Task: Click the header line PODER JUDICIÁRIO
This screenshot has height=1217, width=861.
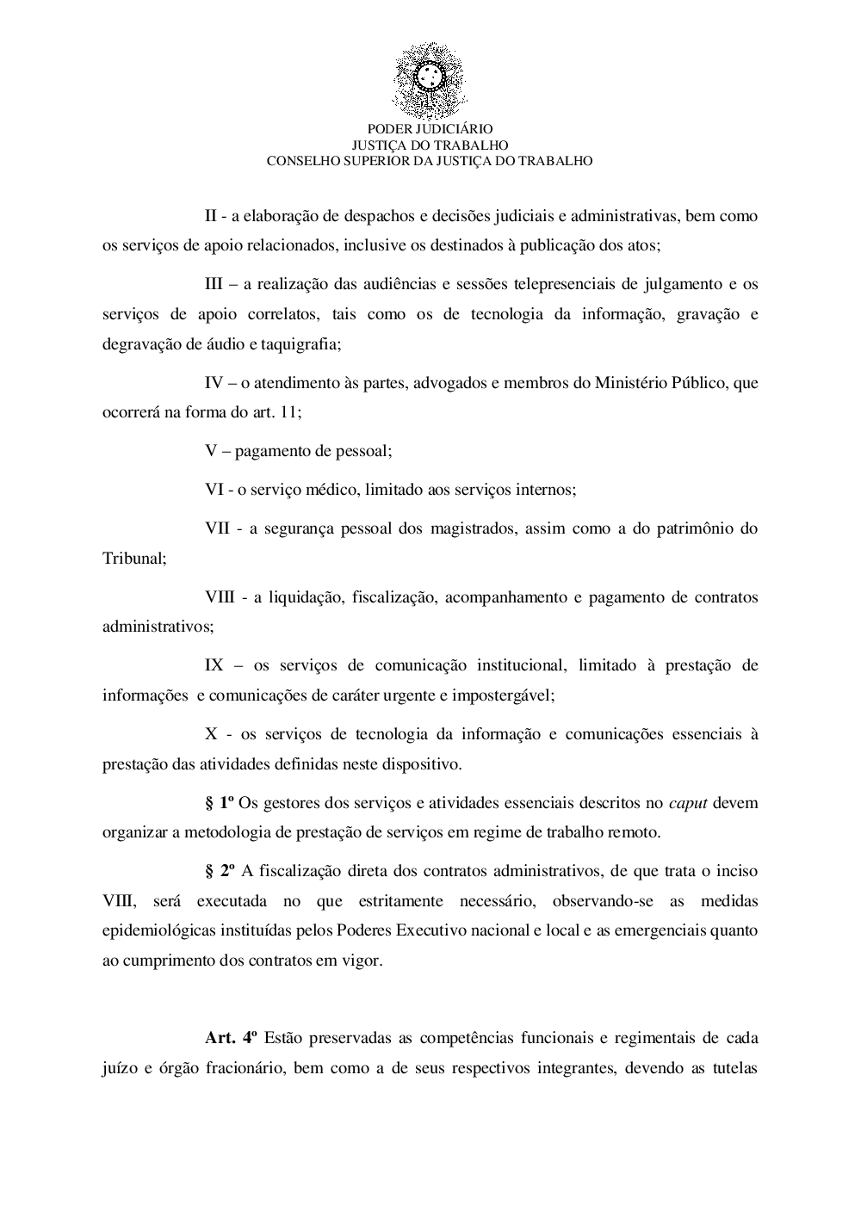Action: click(430, 129)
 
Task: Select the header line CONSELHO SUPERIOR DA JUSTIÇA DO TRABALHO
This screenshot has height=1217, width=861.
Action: click(430, 160)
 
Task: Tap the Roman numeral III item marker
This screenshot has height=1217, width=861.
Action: click(214, 284)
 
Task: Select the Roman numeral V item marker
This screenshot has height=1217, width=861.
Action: click(210, 450)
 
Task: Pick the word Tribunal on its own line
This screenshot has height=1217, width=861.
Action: click(133, 558)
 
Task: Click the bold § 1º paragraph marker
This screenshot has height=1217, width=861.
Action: click(220, 803)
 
